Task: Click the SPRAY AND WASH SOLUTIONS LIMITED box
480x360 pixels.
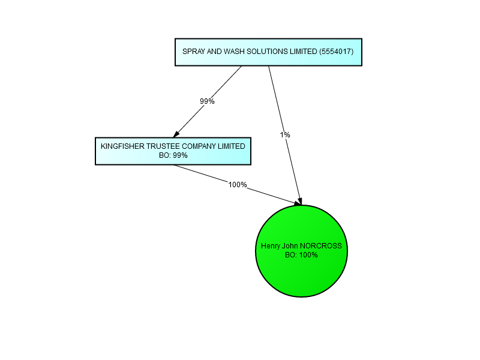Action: pos(268,52)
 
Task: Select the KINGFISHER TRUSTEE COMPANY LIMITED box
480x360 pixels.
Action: pos(173,151)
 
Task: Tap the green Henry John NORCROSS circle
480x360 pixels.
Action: pos(302,251)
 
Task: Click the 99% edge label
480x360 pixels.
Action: pos(207,101)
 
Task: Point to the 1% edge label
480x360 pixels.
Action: pos(284,134)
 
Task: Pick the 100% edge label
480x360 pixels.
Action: pos(238,185)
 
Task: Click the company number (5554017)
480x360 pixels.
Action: pos(337,52)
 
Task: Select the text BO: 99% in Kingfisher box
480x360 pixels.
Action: pos(173,155)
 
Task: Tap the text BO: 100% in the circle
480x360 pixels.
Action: pos(302,255)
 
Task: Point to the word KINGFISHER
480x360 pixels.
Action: pos(122,146)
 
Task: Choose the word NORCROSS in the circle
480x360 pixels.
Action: pos(321,246)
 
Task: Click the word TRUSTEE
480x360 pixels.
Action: pos(162,146)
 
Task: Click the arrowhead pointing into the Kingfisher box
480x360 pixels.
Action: pos(176,134)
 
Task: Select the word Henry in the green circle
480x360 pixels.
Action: pos(271,246)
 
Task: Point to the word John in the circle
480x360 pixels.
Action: pos(290,246)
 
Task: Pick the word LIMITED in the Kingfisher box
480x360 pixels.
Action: pos(232,146)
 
